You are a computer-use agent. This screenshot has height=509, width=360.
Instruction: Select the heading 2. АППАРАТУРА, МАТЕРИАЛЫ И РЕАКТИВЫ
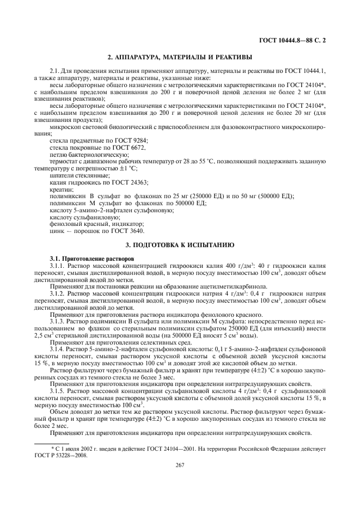pyautogui.click(x=180, y=57)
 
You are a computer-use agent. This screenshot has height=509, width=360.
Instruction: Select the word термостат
pyautogui.click(x=64, y=162)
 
